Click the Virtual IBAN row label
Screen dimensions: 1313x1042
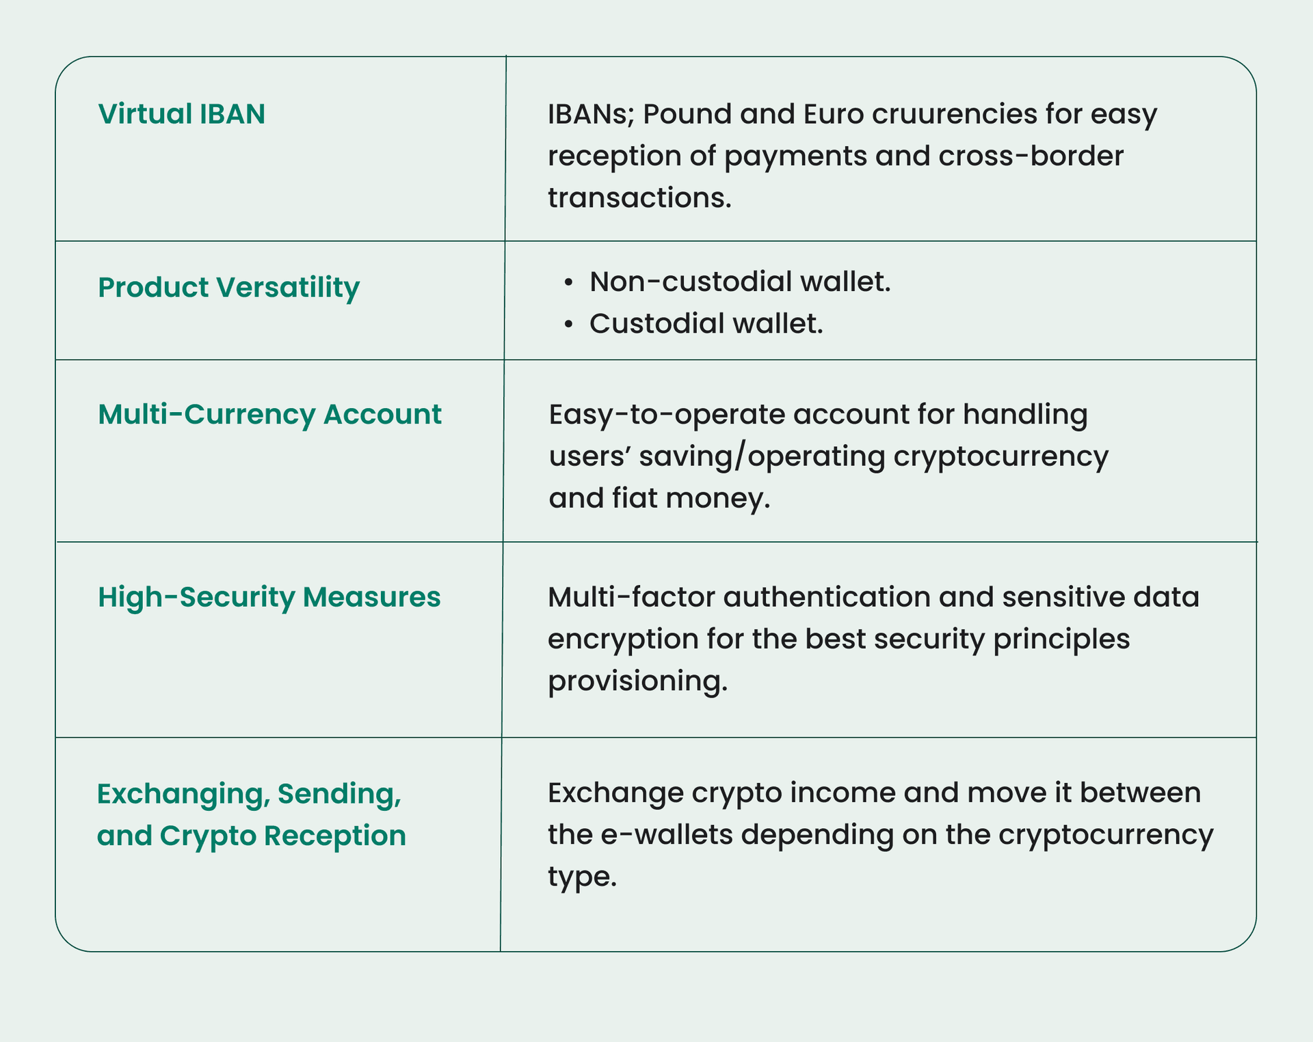pos(181,113)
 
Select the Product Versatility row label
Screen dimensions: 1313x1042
pos(228,288)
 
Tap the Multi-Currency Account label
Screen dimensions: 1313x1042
pos(269,415)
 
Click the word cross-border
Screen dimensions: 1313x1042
pos(1031,156)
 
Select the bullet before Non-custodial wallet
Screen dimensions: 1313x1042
pos(568,283)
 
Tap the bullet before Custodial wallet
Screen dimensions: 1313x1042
pos(568,325)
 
